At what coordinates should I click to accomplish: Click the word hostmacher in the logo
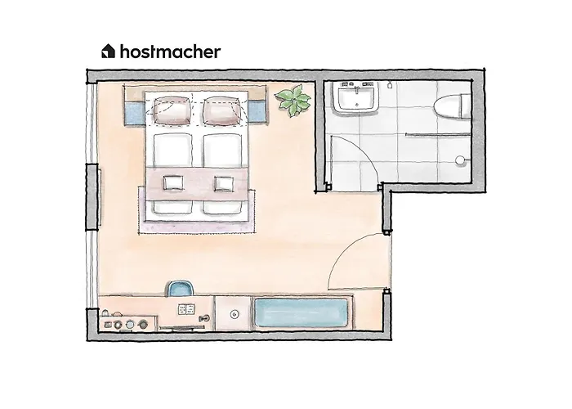pos(170,52)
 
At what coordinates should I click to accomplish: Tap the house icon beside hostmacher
pos(108,52)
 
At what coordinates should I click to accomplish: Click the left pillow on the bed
pos(172,110)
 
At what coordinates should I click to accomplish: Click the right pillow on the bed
pos(222,110)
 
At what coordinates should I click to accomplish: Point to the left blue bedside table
pos(134,112)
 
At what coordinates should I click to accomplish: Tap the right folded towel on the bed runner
pos(223,182)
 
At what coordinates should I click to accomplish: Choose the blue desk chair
pos(180,288)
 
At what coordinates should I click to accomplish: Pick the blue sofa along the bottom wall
pos(302,312)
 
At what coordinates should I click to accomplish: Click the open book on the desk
pos(185,309)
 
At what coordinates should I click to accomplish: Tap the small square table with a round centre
pos(234,312)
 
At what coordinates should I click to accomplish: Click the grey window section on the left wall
pos(93,196)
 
